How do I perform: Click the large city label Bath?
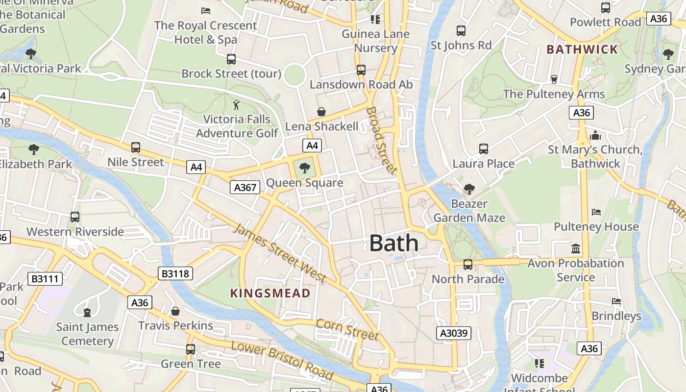click(x=394, y=243)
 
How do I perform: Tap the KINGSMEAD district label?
click(x=270, y=294)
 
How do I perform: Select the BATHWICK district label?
click(x=582, y=49)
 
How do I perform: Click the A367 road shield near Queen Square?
click(x=245, y=187)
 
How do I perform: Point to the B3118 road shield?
click(x=175, y=273)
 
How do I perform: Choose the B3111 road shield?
click(x=45, y=279)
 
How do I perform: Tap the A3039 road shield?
click(x=454, y=334)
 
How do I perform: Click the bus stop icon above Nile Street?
click(x=136, y=147)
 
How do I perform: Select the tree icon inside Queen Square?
click(x=305, y=168)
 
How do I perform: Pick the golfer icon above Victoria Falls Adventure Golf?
click(x=237, y=105)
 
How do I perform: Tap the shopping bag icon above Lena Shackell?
click(x=321, y=112)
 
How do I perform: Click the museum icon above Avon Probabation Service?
click(x=576, y=249)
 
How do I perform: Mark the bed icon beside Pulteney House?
click(x=596, y=212)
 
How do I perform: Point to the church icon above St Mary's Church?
click(x=595, y=135)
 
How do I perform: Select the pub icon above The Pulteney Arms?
click(x=554, y=79)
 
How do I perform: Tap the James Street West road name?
click(x=280, y=253)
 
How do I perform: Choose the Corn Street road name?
click(x=347, y=330)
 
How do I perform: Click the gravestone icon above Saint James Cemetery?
click(x=87, y=312)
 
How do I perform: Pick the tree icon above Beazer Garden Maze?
click(x=469, y=189)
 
